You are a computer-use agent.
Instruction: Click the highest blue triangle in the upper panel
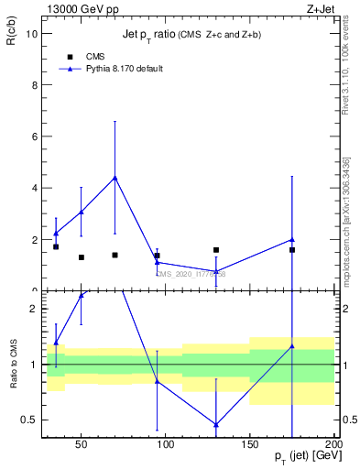115,178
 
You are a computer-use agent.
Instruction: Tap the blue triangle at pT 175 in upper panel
292,240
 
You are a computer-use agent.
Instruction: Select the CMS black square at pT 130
216,250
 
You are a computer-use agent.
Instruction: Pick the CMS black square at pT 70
115,255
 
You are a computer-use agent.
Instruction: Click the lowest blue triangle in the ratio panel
216,424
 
